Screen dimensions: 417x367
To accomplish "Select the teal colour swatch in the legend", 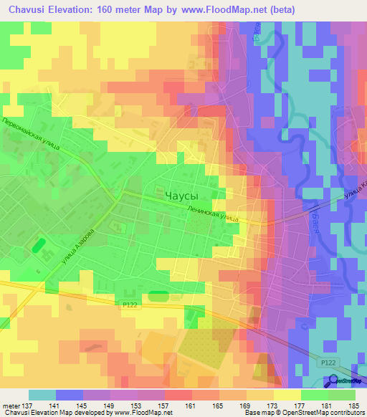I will coord(42,395).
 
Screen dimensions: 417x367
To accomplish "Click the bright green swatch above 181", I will coord(314,395).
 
